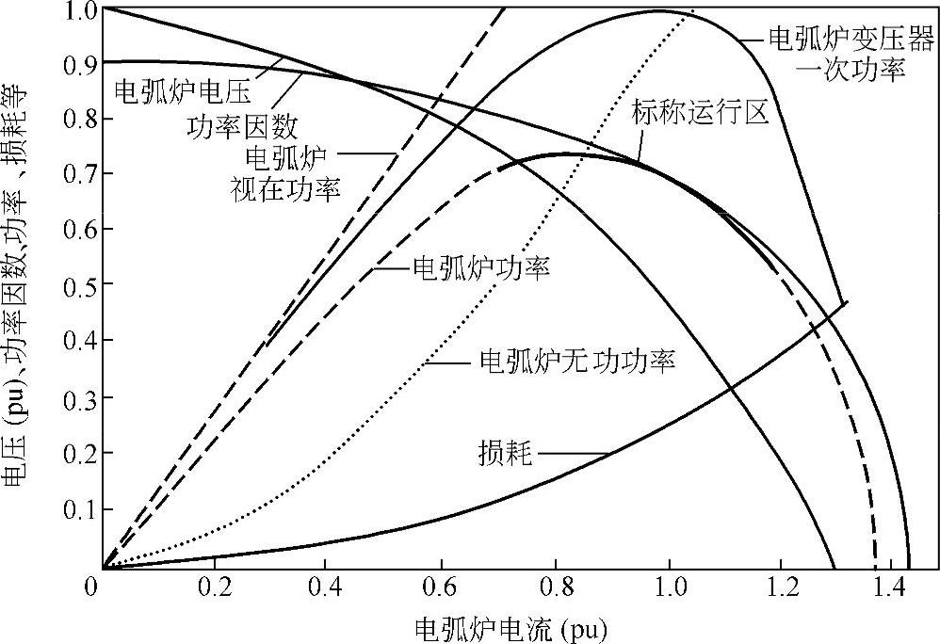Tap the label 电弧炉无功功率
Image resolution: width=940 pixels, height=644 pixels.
[578, 361]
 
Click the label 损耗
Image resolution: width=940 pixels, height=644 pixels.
[507, 457]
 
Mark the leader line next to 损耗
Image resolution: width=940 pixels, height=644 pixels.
[572, 456]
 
